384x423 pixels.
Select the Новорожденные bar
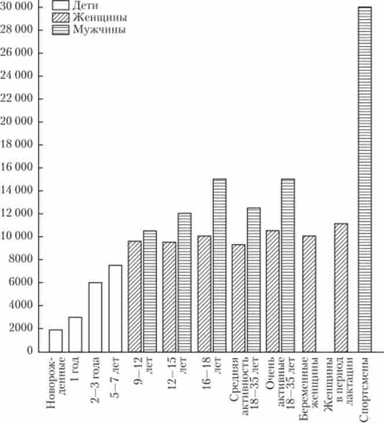pyautogui.click(x=55, y=340)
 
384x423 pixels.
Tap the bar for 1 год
pyautogui.click(x=75, y=334)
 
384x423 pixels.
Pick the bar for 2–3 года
pyautogui.click(x=95, y=317)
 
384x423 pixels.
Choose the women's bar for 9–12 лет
pyautogui.click(x=135, y=296)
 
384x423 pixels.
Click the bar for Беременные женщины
pyautogui.click(x=309, y=293)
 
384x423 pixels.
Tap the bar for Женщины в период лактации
pyautogui.click(x=341, y=287)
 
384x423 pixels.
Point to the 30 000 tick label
pyautogui.click(x=19, y=7)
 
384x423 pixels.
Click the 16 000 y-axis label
pyautogui.click(x=21, y=168)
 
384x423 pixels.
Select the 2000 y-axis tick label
pyautogui.click(x=24, y=329)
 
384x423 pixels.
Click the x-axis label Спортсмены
pyautogui.click(x=365, y=388)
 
